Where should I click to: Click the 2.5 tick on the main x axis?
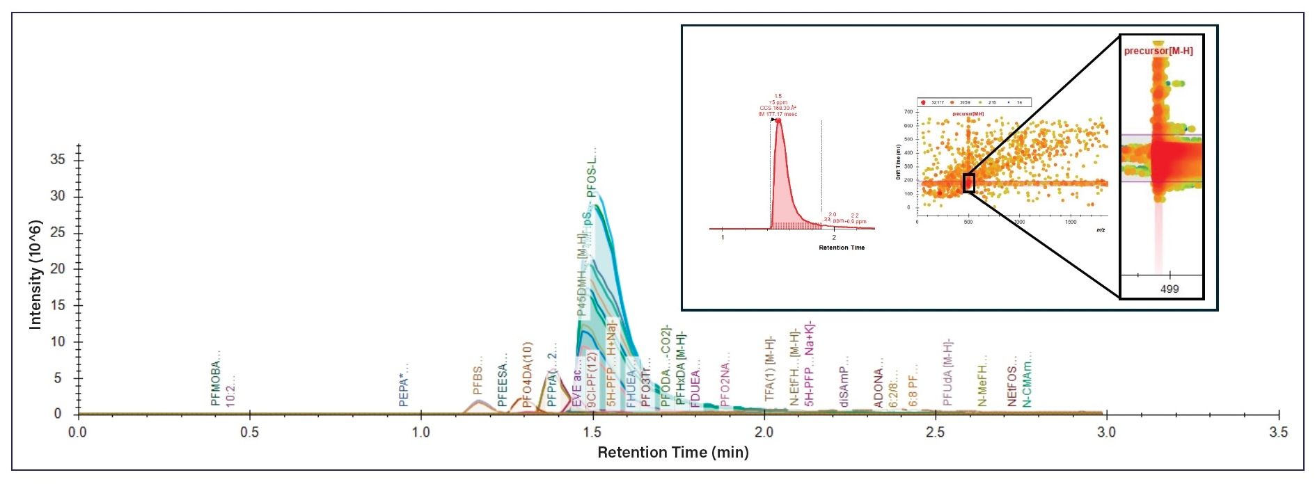coord(935,432)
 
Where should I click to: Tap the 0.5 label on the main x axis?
coord(249,432)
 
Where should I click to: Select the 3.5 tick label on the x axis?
coord(1277,432)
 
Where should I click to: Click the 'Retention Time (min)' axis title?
coord(672,453)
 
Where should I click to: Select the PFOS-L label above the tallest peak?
coord(592,172)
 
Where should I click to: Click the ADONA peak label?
coord(879,383)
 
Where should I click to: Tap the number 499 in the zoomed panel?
coord(1170,289)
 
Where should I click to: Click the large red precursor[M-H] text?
coord(1158,51)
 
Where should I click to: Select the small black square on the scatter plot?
coord(968,183)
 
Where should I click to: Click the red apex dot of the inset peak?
coord(779,120)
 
